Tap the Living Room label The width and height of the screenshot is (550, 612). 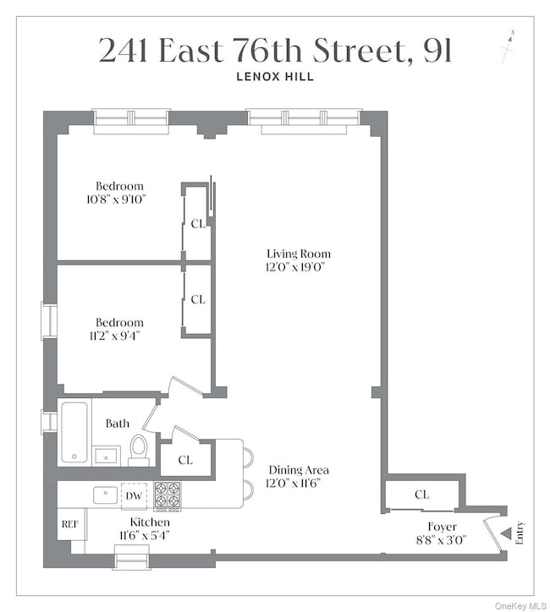point(299,254)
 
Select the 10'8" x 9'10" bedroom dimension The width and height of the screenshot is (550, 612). point(119,200)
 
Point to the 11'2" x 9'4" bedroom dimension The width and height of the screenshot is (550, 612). point(119,336)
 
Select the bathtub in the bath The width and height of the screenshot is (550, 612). point(74,432)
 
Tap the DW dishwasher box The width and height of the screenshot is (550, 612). point(135,496)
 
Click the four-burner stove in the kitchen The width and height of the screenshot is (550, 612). point(167,496)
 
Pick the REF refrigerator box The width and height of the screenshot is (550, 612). point(70,524)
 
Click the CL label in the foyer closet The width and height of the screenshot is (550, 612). point(421,495)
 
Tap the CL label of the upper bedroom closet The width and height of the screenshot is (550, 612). point(197,224)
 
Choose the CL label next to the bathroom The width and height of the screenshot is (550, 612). point(185,460)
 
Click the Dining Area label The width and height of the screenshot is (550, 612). point(299,470)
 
